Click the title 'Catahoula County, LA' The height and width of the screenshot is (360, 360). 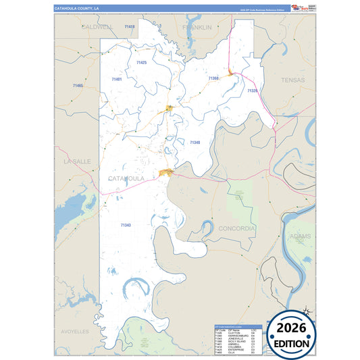coord(78,8)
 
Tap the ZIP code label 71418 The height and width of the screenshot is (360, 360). coord(130,26)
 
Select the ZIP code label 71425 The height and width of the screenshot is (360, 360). coord(141,62)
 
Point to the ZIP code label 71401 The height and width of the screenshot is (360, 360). coord(117,79)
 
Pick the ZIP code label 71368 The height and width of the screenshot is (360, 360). coord(213,78)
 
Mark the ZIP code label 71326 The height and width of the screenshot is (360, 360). coord(253,91)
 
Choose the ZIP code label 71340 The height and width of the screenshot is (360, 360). coord(195,143)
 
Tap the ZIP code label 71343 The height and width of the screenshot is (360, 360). coord(126,224)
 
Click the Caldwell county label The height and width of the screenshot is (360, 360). coord(95,27)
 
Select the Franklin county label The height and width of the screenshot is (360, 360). coord(197,27)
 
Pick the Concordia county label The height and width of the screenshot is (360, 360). coord(236,228)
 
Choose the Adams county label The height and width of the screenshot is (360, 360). coord(300,236)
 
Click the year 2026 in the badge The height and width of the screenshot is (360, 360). coord(292,329)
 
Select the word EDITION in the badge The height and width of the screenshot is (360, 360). coord(292,344)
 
